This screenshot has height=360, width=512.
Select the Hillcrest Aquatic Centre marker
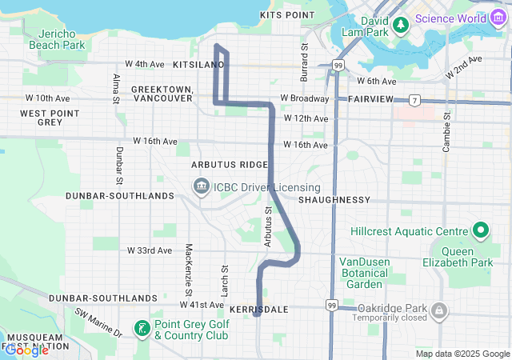pyautogui.click(x=481, y=232)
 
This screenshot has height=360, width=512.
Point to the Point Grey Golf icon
pyautogui.click(x=142, y=328)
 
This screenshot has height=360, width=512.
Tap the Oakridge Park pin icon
pyautogui.click(x=438, y=310)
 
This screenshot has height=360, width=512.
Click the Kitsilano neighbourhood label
pyautogui.click(x=196, y=62)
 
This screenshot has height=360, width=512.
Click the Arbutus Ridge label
pyautogui.click(x=230, y=164)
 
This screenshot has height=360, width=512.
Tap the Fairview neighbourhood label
pyautogui.click(x=370, y=98)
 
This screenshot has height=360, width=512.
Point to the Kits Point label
pyautogui.click(x=287, y=15)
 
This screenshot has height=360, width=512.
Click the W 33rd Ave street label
pyautogui.click(x=150, y=250)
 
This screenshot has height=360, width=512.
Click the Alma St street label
pyautogui.click(x=116, y=88)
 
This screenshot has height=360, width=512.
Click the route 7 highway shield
pyautogui.click(x=414, y=101)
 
